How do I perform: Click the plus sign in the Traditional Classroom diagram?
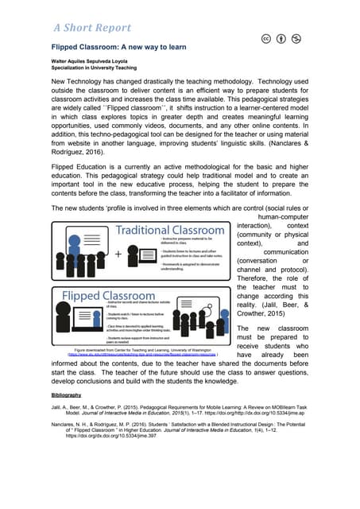[74, 255]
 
